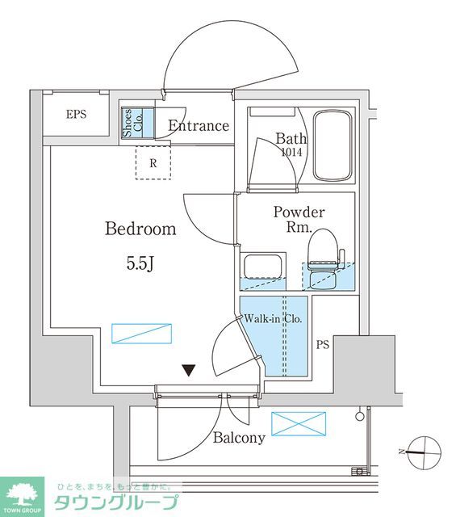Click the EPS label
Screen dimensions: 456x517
tap(76, 115)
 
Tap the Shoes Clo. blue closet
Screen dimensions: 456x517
tap(137, 122)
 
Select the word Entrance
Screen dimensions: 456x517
tap(199, 126)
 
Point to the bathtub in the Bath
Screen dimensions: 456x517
tap(333, 145)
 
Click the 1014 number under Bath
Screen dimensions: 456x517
tap(291, 152)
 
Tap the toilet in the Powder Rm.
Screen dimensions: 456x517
tap(324, 259)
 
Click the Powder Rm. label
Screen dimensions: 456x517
tap(299, 219)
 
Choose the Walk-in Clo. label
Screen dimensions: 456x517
tap(273, 319)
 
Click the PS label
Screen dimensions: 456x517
tap(323, 345)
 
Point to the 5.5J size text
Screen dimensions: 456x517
tap(140, 263)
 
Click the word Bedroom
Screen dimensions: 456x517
tap(140, 229)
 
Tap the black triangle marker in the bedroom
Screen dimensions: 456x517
tap(189, 370)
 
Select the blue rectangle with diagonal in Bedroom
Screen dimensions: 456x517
tap(142, 334)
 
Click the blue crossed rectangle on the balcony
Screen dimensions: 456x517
tap(299, 423)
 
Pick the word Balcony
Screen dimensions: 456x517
tap(239, 438)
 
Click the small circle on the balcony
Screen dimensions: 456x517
tap(360, 416)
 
